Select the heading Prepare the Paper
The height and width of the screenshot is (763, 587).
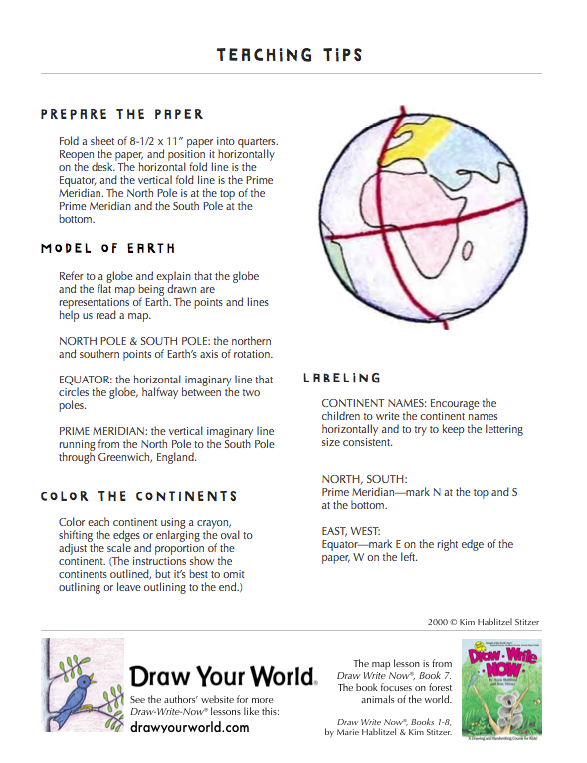point(122,114)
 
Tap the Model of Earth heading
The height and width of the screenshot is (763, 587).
point(107,248)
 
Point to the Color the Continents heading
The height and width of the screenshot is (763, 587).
point(138,496)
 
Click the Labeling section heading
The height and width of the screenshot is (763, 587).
point(341,379)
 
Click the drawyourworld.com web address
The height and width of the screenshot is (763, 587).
point(190,728)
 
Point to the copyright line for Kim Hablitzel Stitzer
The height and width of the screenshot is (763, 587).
point(485,622)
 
